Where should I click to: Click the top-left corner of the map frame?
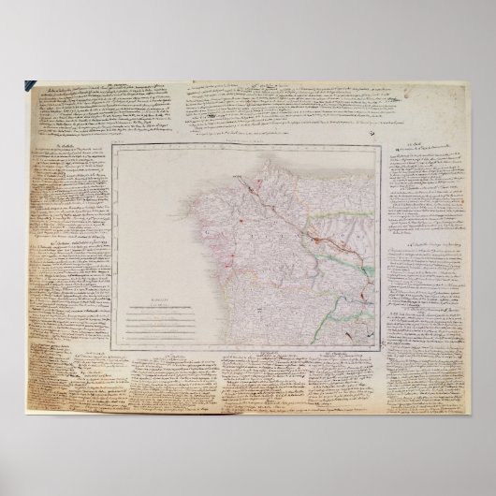[109, 147]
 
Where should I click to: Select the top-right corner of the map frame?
[379, 147]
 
